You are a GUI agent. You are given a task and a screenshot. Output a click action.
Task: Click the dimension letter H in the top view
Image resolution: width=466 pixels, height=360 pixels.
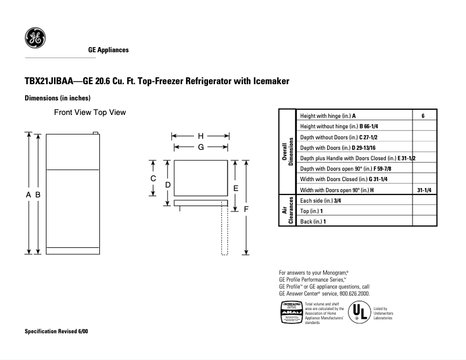coord(200,136)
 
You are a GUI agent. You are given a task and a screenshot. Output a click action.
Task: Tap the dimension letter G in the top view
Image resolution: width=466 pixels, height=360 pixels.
coord(200,147)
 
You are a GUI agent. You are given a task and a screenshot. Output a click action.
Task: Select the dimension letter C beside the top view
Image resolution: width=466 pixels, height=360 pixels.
coord(153,178)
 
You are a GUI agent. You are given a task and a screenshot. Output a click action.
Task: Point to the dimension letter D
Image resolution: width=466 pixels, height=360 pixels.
coord(167,185)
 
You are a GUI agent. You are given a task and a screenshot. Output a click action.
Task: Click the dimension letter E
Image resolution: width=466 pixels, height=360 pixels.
coord(235,188)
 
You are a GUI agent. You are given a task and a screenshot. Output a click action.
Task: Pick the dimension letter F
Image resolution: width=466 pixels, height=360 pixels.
coord(246,208)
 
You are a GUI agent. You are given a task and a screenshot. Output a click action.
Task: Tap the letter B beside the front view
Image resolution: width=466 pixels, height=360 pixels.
coord(38,196)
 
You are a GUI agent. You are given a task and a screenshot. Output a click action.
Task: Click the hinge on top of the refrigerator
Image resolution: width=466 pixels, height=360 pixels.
coord(95,133)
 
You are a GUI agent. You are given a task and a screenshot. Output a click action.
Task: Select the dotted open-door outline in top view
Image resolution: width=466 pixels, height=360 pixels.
coord(224,230)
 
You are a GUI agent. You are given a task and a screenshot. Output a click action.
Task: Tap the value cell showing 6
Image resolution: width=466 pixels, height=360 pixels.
coord(423,116)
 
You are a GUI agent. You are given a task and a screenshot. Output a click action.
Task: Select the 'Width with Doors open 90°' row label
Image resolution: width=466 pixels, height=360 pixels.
coord(337,190)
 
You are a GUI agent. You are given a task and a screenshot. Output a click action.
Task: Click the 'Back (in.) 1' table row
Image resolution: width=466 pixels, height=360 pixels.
coord(313,221)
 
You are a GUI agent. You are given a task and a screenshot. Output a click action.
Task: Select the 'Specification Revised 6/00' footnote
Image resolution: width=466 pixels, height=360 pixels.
coord(56,332)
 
